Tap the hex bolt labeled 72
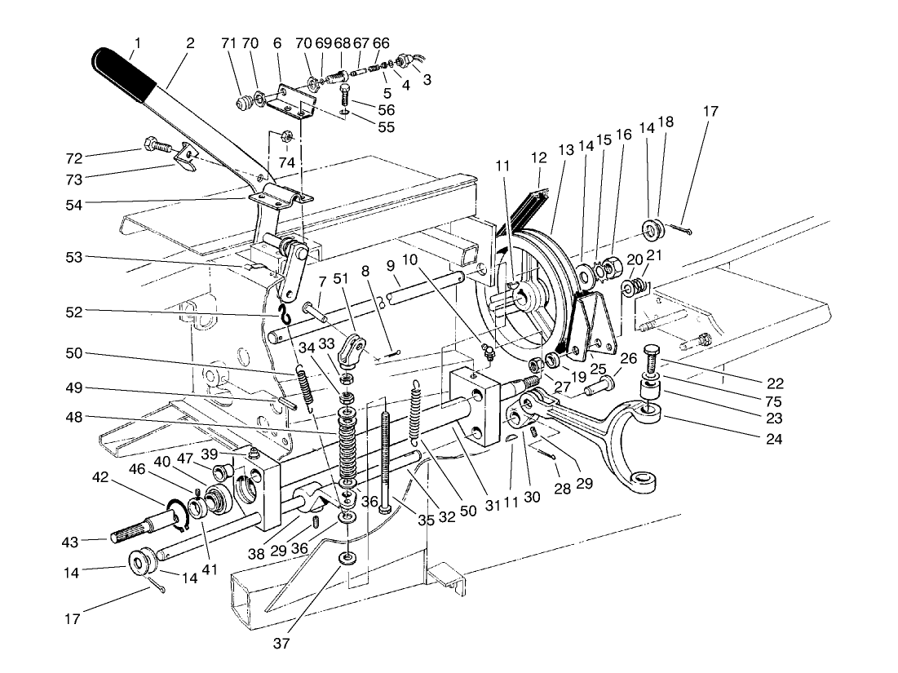[x=155, y=148]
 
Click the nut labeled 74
[x=286, y=135]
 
